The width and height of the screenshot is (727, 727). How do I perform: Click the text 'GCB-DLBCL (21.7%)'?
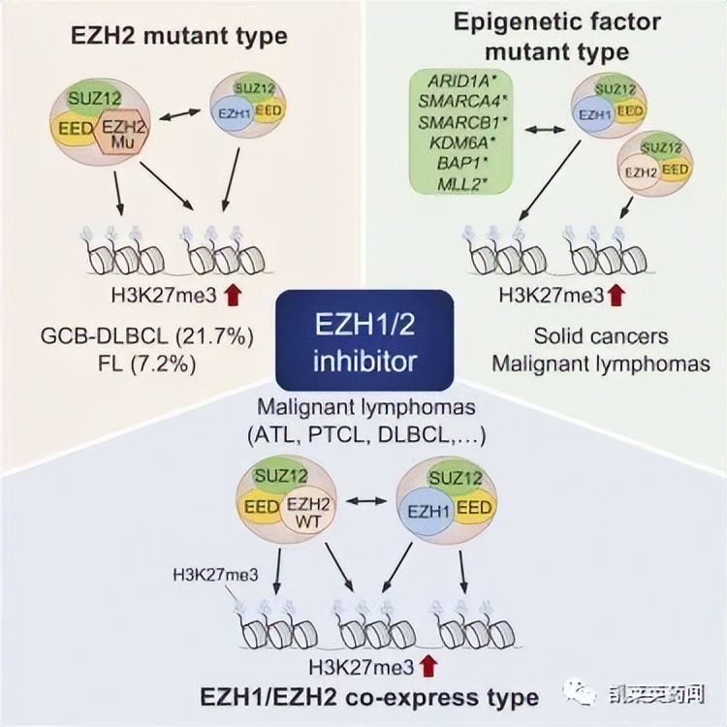pyautogui.click(x=147, y=337)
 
